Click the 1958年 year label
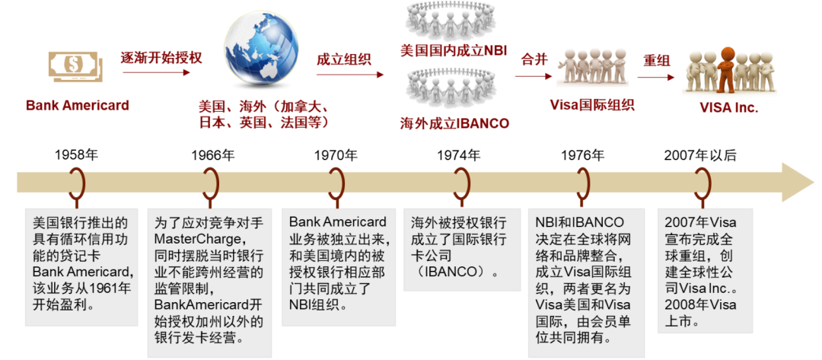(x=76, y=155)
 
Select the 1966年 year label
(x=213, y=155)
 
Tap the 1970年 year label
(x=336, y=155)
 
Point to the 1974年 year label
(x=458, y=155)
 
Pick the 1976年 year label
(x=583, y=155)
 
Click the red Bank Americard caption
(x=77, y=105)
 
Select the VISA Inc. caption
(x=729, y=107)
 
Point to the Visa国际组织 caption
(x=592, y=105)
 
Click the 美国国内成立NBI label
(x=454, y=51)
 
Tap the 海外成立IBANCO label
(x=454, y=123)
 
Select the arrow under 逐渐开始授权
(x=155, y=73)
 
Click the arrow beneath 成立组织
(x=350, y=75)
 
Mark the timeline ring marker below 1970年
(x=336, y=183)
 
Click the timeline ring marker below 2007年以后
(x=702, y=183)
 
